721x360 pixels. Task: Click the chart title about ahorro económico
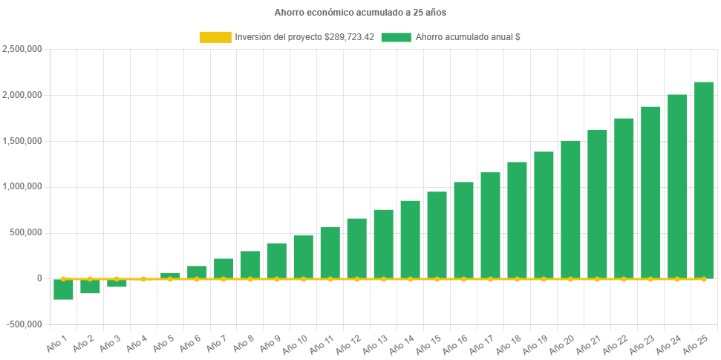360,13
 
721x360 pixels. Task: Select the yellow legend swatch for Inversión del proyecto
215,37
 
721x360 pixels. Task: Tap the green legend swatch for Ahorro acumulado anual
396,37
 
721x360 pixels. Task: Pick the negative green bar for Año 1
63,289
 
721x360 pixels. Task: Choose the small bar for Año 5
170,275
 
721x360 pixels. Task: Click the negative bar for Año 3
117,284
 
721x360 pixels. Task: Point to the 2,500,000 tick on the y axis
22,49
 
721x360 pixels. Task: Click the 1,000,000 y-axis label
22,186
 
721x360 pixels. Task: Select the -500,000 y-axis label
24,324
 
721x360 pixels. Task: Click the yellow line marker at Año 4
143,279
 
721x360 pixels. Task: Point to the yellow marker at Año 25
703,279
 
